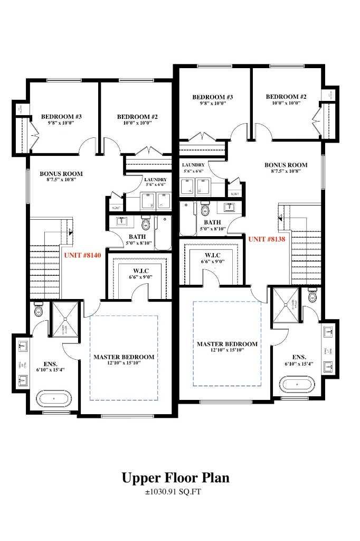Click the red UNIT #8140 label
pyautogui.click(x=82, y=255)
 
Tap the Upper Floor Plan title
pyautogui.click(x=176, y=478)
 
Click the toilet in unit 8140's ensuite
pyautogui.click(x=38, y=311)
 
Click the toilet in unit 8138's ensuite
pyautogui.click(x=312, y=296)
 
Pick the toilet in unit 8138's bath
pyautogui.click(x=205, y=210)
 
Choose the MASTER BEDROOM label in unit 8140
pyautogui.click(x=124, y=357)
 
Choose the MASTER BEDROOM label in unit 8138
pyautogui.click(x=227, y=344)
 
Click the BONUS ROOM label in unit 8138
pyautogui.click(x=286, y=165)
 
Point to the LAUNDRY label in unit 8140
pyautogui.click(x=155, y=180)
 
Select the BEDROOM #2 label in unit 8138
pyautogui.click(x=286, y=97)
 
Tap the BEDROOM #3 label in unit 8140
pyautogui.click(x=61, y=117)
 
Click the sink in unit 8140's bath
pyautogui.click(x=121, y=220)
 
